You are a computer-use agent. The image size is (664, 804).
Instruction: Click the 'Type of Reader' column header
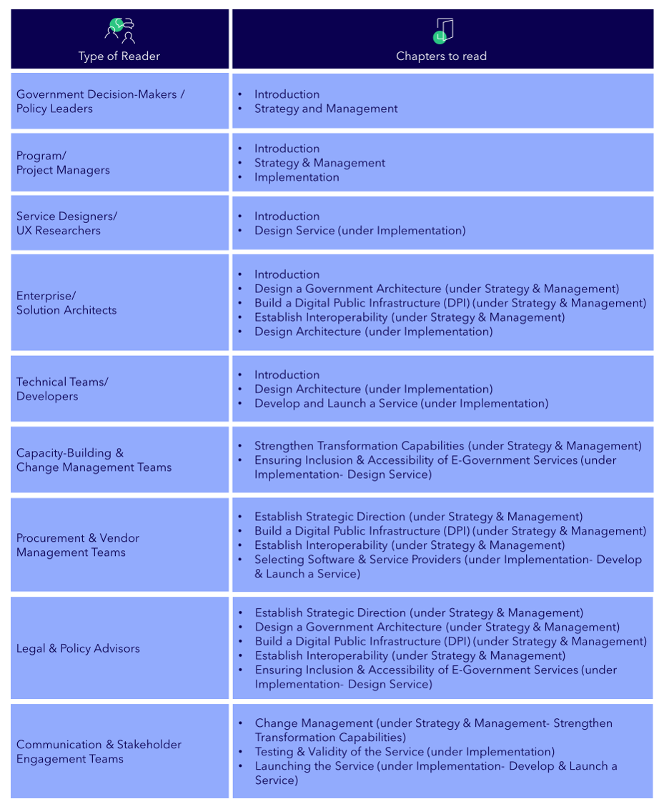click(x=119, y=56)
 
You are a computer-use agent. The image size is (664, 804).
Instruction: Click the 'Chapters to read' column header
click(x=441, y=56)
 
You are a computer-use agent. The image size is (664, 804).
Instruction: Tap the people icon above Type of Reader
click(x=119, y=30)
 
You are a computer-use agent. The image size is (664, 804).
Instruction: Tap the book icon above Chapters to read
click(x=443, y=30)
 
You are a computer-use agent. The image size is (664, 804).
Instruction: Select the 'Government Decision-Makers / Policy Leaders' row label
click(x=100, y=101)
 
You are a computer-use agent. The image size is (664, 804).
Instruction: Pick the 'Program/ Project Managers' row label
click(x=63, y=163)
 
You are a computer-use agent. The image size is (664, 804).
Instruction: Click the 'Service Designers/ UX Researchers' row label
click(x=66, y=223)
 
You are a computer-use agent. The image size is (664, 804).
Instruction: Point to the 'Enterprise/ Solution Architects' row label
click(x=66, y=303)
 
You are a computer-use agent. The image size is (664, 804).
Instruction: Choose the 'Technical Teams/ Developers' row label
click(x=62, y=389)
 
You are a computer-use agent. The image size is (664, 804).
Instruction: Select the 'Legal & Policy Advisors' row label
click(x=78, y=648)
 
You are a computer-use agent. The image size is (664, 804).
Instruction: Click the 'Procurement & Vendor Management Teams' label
click(x=78, y=545)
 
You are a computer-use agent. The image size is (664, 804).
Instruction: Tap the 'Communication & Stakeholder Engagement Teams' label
click(x=99, y=751)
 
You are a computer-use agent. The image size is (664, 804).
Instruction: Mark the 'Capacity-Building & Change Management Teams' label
click(x=94, y=460)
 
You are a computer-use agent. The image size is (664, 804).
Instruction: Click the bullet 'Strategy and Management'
click(x=326, y=109)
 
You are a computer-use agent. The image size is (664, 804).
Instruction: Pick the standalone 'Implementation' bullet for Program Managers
click(x=297, y=177)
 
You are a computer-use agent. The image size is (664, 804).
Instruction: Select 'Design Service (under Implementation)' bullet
click(x=360, y=230)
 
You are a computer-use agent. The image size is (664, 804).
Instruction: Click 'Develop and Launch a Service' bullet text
click(x=401, y=403)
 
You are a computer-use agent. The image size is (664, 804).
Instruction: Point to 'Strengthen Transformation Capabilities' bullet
click(x=447, y=446)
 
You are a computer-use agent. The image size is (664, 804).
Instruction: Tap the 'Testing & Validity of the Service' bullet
click(x=405, y=751)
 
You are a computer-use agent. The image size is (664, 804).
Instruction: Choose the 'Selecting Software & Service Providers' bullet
click(x=447, y=560)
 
